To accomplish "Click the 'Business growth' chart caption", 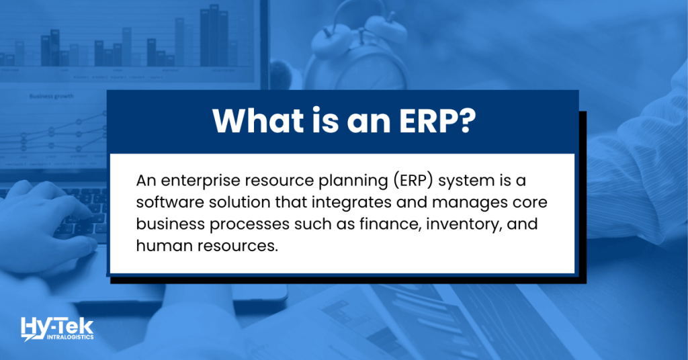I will pos(50,96).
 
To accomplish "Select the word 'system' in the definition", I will pos(494,181).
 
